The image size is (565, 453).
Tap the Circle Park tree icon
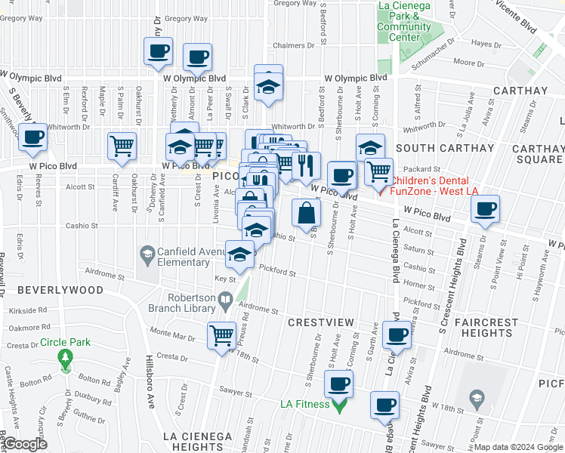point(65,357)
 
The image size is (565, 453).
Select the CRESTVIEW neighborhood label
point(321,322)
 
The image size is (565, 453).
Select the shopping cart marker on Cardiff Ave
point(122,147)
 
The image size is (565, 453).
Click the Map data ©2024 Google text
point(518,447)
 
